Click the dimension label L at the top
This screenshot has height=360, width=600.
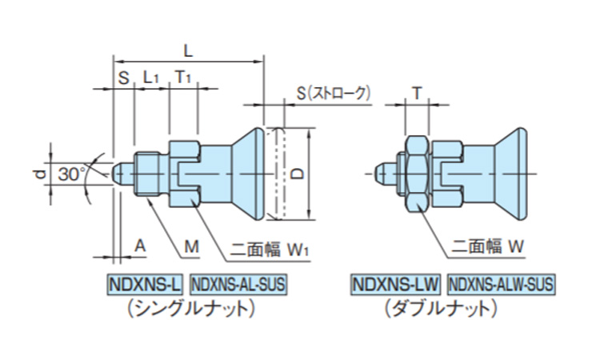[187, 50]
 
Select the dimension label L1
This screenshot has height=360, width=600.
[152, 77]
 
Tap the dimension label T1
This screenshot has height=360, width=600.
[183, 77]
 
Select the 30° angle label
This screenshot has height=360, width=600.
[72, 173]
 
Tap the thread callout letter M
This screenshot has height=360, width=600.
[190, 248]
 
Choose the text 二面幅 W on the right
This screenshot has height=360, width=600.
[487, 249]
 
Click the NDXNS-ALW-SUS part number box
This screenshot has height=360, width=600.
[501, 283]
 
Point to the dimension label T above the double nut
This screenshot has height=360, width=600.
[417, 94]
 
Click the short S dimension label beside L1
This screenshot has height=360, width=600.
[123, 77]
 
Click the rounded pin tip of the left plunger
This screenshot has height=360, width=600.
[120, 173]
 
